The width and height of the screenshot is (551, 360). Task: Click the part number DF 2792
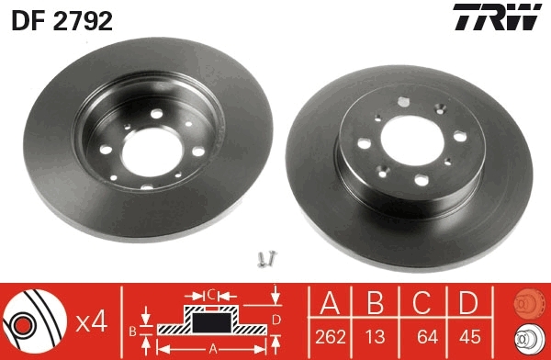pos(62,20)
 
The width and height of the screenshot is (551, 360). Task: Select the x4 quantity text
pos(93,321)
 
